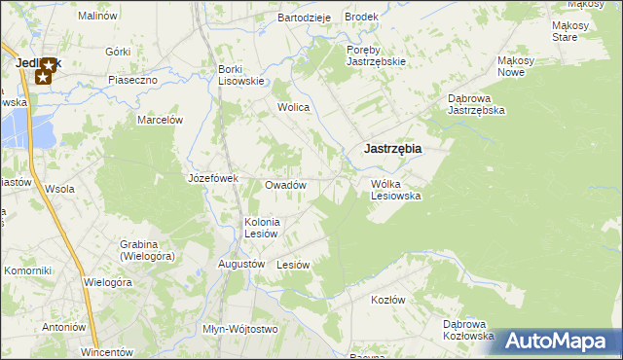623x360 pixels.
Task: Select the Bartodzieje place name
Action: (x=305, y=18)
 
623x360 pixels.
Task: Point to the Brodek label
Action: (x=361, y=18)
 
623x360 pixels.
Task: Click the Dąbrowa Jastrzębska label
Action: (x=475, y=104)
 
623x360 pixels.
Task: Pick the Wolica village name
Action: (x=293, y=108)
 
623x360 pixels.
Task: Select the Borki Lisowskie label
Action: (x=241, y=75)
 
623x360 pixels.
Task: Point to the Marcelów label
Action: (x=161, y=120)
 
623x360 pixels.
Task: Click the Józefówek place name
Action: (x=213, y=179)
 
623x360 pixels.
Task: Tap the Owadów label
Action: (x=286, y=185)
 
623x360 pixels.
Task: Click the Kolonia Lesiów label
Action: (x=262, y=228)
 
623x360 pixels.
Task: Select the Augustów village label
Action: (x=242, y=264)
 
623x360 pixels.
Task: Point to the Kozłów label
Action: (x=387, y=300)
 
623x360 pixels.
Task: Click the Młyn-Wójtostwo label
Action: (x=240, y=329)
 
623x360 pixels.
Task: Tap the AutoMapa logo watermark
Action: (x=558, y=340)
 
